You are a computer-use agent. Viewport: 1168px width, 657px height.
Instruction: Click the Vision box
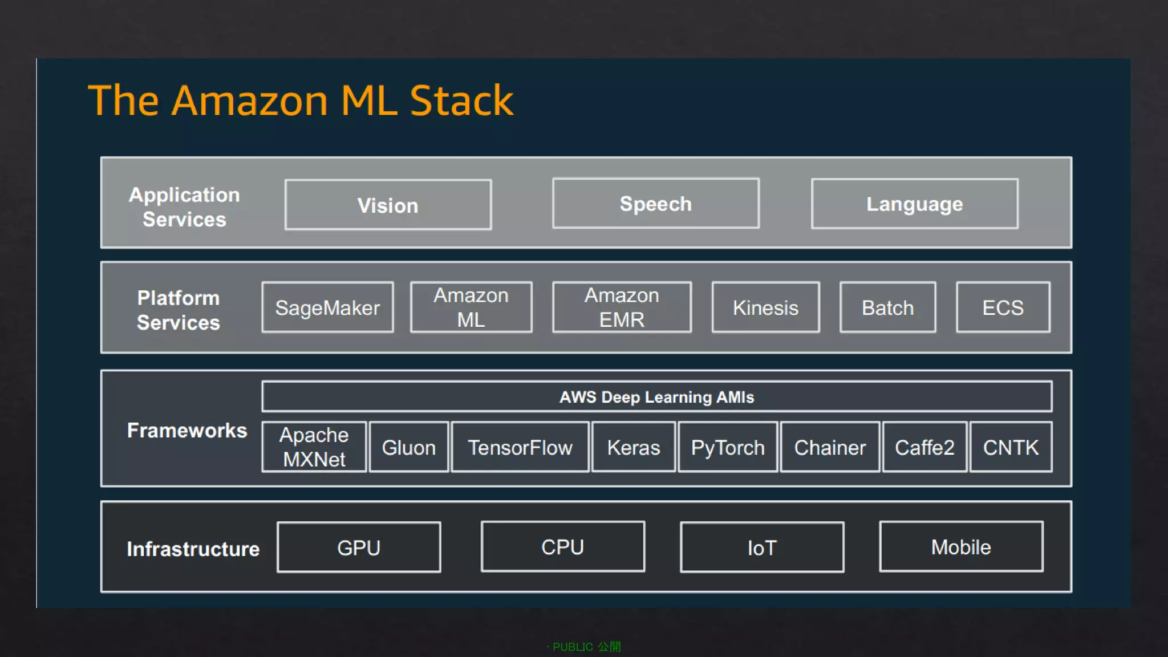pos(388,205)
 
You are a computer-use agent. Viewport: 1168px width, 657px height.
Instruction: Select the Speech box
pos(655,204)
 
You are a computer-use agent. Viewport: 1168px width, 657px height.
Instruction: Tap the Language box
pos(914,204)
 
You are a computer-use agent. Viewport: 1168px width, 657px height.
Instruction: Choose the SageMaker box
pos(327,307)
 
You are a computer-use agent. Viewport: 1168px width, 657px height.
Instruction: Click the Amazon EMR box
pos(622,307)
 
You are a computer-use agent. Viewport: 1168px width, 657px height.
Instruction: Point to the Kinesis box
pos(765,307)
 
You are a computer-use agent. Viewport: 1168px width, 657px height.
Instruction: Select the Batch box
pos(887,307)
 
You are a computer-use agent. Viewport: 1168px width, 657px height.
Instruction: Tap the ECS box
pos(1003,307)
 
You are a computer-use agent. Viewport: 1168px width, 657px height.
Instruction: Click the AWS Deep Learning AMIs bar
pos(656,397)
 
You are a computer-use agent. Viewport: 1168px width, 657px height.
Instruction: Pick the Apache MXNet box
pos(314,447)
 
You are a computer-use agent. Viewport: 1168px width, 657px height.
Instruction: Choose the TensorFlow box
pos(520,447)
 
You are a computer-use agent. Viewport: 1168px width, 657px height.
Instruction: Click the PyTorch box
pos(727,447)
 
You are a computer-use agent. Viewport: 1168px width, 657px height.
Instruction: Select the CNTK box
pos(1011,447)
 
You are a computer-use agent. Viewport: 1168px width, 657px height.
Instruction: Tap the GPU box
pos(359,547)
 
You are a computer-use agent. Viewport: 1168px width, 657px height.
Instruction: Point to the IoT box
pos(762,547)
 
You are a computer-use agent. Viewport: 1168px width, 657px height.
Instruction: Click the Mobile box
pos(961,547)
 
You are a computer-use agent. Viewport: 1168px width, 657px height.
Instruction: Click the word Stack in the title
pos(461,101)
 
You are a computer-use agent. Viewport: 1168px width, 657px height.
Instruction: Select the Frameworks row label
pos(187,430)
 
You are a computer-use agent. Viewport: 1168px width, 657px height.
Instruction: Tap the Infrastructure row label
pos(193,549)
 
